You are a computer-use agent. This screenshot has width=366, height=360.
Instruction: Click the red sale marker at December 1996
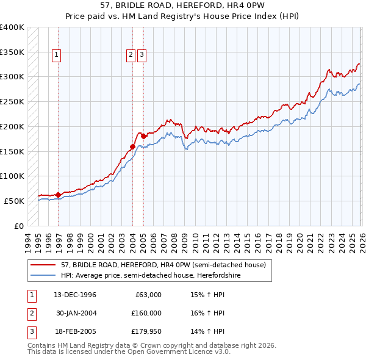coord(59,195)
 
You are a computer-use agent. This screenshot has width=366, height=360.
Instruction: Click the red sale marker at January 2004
coord(132,146)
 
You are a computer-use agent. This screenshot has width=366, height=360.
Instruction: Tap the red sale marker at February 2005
coord(143,137)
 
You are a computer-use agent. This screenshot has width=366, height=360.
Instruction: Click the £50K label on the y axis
coord(14,201)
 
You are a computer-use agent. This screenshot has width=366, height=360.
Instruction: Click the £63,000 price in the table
coord(146,295)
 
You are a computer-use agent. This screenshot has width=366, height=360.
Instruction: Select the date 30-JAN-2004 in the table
coord(76,313)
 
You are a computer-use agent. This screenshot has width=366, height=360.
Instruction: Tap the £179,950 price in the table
coord(146,331)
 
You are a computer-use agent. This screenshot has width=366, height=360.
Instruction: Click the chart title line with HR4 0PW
coord(183,5)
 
